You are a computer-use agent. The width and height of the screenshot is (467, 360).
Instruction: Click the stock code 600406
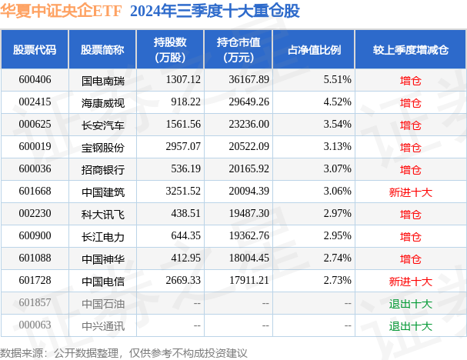point(34,79)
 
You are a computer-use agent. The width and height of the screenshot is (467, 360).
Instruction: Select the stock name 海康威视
point(102,102)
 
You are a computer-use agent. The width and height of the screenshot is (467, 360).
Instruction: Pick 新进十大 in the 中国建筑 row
point(410,192)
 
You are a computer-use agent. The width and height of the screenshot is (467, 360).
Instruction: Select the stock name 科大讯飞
point(102,213)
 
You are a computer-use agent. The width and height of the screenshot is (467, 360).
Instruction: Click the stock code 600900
point(34,235)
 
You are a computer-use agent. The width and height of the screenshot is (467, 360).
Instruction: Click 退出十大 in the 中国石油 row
point(410,303)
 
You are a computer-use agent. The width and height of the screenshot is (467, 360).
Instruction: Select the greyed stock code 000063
point(34,325)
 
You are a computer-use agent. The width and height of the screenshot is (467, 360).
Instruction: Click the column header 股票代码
point(35,50)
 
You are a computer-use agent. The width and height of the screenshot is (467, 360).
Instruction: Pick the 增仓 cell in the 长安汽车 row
point(410,124)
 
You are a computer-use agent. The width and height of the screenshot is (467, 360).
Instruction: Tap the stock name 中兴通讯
point(102,325)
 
